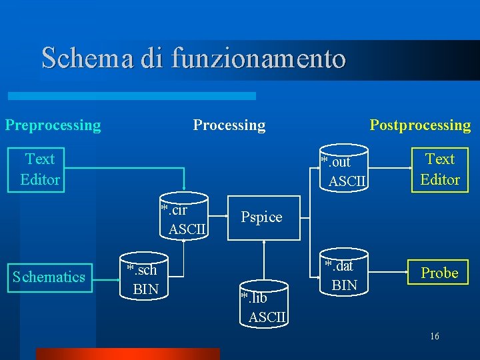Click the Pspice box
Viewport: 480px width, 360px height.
coord(261,217)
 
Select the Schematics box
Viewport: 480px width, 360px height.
coord(49,277)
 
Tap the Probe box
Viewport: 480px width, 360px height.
coord(439,273)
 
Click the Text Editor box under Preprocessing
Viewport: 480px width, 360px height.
coord(40,169)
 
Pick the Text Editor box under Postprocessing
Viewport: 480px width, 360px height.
coord(439,169)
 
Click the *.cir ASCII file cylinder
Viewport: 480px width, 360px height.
coord(184,217)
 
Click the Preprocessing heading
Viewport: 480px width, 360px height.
coord(53,125)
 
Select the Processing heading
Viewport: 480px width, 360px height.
coord(229,125)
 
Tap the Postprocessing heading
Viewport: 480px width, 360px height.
coord(420,125)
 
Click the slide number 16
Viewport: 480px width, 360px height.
coord(434,337)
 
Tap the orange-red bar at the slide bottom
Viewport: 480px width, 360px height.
coord(127,354)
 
